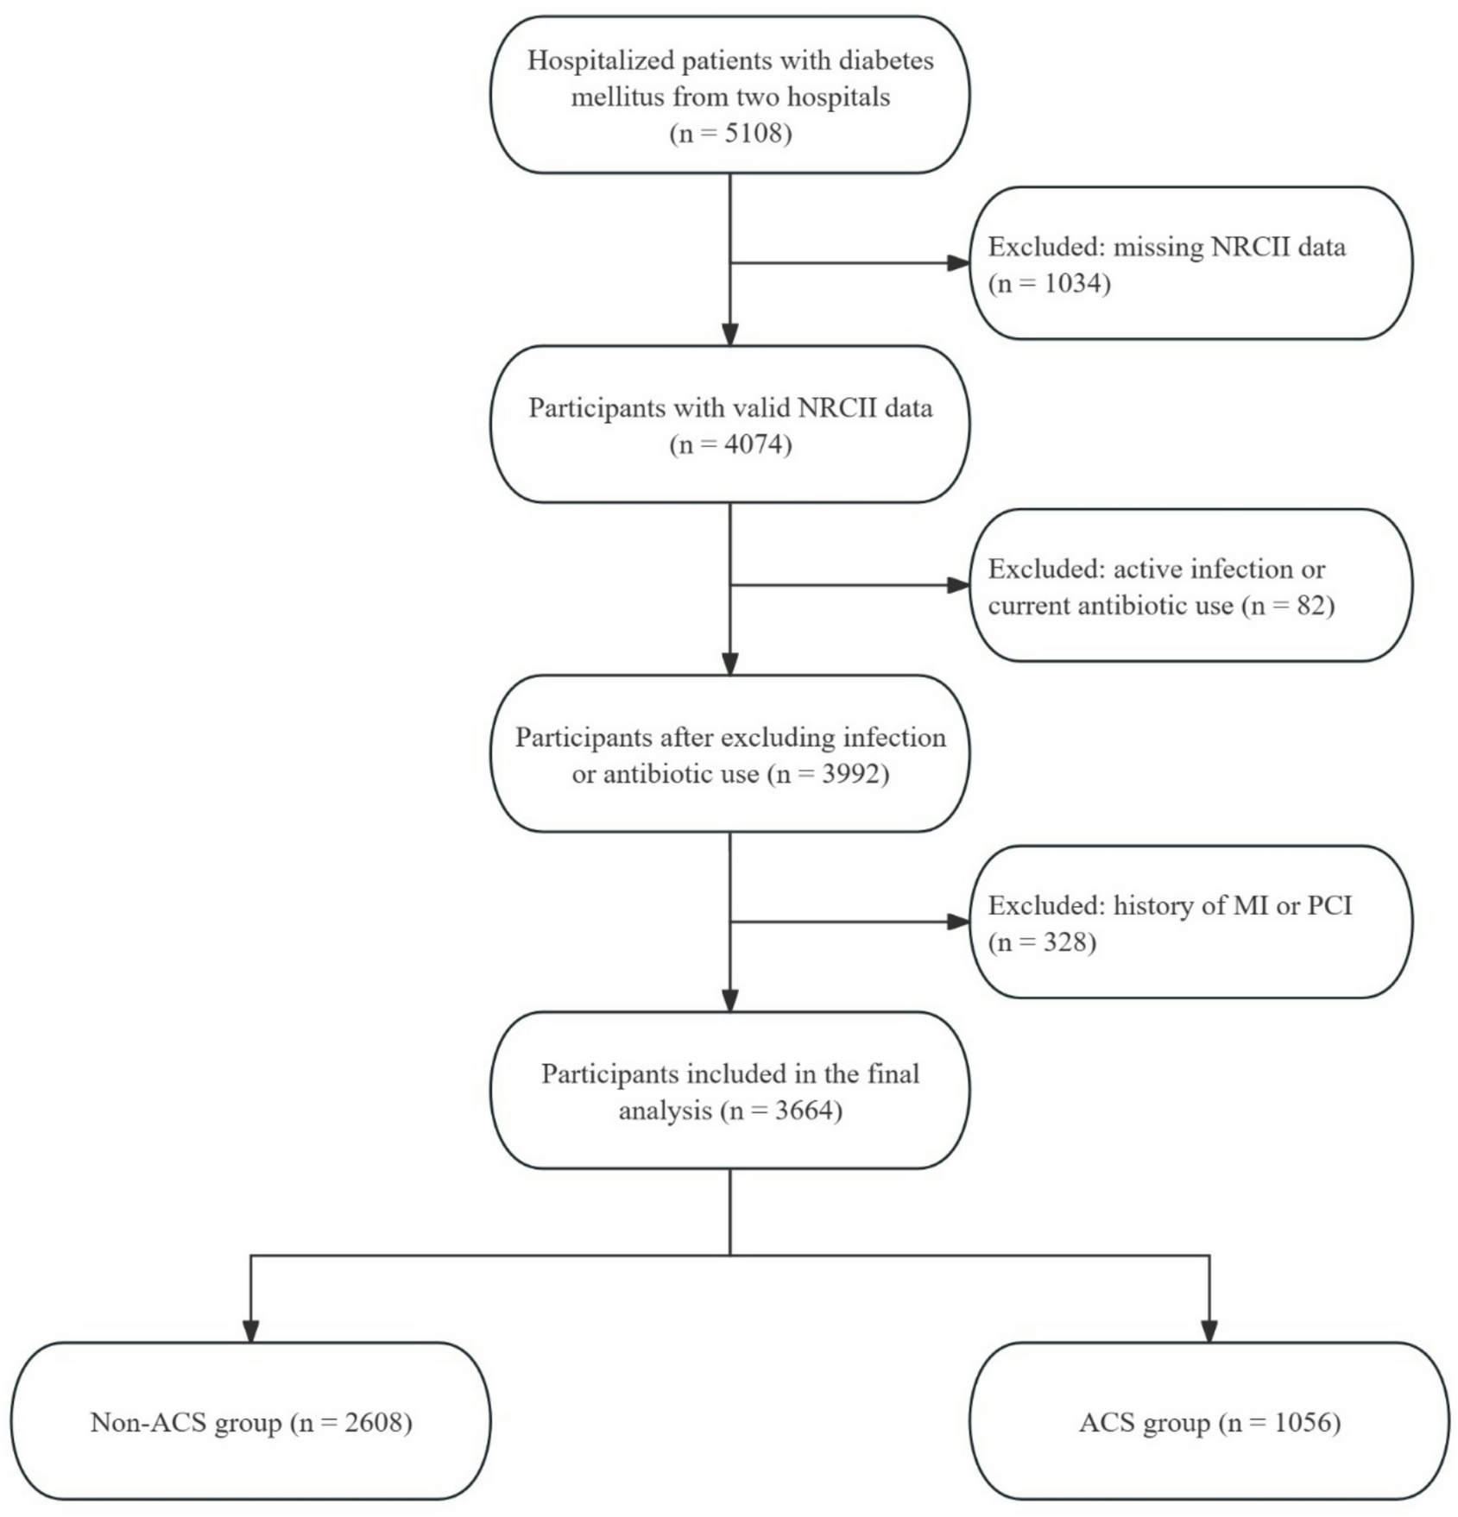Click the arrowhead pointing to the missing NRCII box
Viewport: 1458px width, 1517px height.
pyautogui.click(x=958, y=263)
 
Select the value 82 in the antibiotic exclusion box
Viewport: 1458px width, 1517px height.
pyautogui.click(x=1311, y=606)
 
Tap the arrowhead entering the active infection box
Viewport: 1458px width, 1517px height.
pyautogui.click(x=958, y=586)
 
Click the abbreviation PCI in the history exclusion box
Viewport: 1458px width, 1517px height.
pyautogui.click(x=1329, y=905)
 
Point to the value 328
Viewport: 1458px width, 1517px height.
pyautogui.click(x=1065, y=942)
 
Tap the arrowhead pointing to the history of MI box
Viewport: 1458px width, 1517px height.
pyautogui.click(x=958, y=922)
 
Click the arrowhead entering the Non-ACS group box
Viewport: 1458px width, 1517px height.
pyautogui.click(x=250, y=1331)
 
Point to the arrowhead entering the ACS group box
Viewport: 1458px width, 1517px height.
pyautogui.click(x=1209, y=1331)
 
